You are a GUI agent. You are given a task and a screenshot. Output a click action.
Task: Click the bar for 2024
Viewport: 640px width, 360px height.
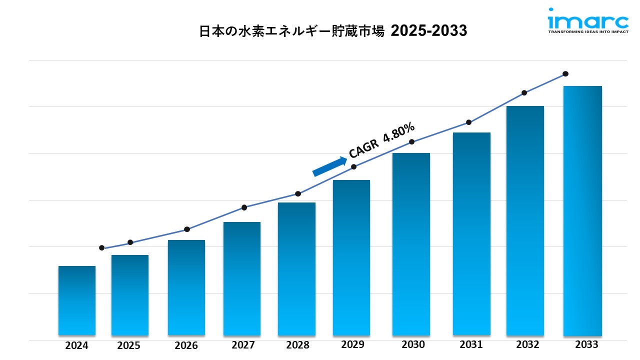(x=76, y=300)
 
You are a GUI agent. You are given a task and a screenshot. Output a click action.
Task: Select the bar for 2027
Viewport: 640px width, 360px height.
(x=242, y=278)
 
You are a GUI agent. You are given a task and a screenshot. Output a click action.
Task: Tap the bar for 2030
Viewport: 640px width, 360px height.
(x=411, y=243)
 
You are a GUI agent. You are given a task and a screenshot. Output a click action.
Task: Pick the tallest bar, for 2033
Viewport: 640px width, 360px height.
(x=582, y=210)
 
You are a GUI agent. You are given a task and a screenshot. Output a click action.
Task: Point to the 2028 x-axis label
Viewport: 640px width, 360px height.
(x=297, y=345)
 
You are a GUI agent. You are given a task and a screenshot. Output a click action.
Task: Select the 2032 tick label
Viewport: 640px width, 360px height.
(x=527, y=344)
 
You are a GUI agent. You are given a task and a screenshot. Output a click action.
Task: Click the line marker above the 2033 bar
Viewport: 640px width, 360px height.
(x=565, y=74)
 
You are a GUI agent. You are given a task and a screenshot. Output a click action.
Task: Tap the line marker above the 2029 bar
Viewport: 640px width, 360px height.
(x=354, y=166)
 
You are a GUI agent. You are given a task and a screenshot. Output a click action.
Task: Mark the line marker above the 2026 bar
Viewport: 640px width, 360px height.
(x=187, y=229)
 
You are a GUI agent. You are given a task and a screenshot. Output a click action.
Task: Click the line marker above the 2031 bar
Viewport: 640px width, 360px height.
(x=469, y=122)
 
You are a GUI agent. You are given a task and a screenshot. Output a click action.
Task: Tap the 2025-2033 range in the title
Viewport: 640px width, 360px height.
(x=429, y=31)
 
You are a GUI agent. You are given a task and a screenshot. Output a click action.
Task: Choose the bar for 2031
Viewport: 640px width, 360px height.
(x=471, y=233)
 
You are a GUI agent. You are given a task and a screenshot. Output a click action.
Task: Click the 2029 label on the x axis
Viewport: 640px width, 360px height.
(x=352, y=344)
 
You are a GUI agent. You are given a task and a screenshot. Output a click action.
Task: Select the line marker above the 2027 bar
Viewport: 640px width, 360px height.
(x=244, y=207)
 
